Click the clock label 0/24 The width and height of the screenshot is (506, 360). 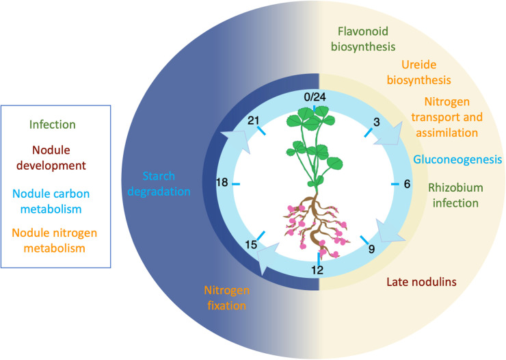pos(315,97)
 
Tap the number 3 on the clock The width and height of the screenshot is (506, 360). pos(376,122)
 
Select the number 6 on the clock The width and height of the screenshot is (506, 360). pos(407,183)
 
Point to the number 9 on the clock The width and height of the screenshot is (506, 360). pos(371,249)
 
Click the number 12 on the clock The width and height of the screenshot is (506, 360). pos(317,270)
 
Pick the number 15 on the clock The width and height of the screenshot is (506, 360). pos(251,245)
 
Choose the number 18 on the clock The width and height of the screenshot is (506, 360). pos(222,183)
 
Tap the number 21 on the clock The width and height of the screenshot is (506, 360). pos(253,120)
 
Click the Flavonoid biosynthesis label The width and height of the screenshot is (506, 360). pos(363,39)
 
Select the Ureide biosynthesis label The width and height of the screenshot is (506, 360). pos(419,73)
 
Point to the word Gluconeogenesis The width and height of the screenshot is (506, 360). pos(457,159)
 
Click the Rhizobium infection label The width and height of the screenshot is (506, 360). pos(455,195)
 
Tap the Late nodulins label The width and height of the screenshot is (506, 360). pos(421,282)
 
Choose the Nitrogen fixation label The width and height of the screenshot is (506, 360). pos(226,298)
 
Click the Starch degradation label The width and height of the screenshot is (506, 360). pos(159,183)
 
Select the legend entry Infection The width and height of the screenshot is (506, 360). pos(52,125)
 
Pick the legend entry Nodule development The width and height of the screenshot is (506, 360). pos(51,157)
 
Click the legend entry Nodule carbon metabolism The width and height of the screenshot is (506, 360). pos(51,201)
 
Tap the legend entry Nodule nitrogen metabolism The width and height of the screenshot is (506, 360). pos(54,240)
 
